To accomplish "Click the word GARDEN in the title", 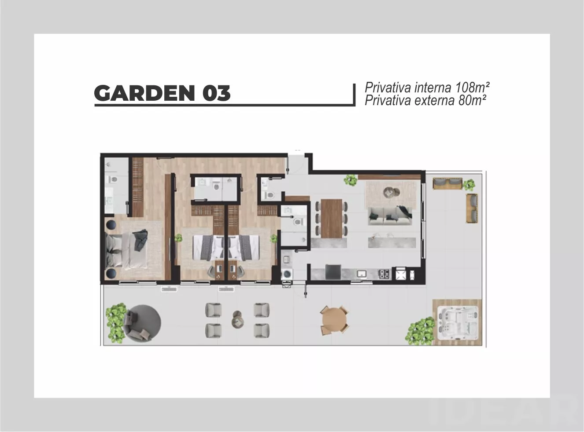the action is pos(144,93).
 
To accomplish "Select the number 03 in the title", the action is pos(216,93).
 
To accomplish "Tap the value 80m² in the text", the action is pos(472,100).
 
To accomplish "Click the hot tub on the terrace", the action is pos(457,322).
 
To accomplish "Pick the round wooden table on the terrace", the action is pos(334,320).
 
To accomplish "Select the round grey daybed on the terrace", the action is pos(143,323).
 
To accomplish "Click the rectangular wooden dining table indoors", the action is pos(331,219).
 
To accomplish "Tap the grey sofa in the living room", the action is pos(390,216).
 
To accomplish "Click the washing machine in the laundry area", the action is pos(286,275).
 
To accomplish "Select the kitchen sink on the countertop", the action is pos(362,274).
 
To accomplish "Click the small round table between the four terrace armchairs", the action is pos(238,320).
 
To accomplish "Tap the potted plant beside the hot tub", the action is pos(420,331).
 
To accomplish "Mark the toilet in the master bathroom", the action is pos(114,179).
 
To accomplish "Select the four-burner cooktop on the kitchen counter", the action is pos(384,274).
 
